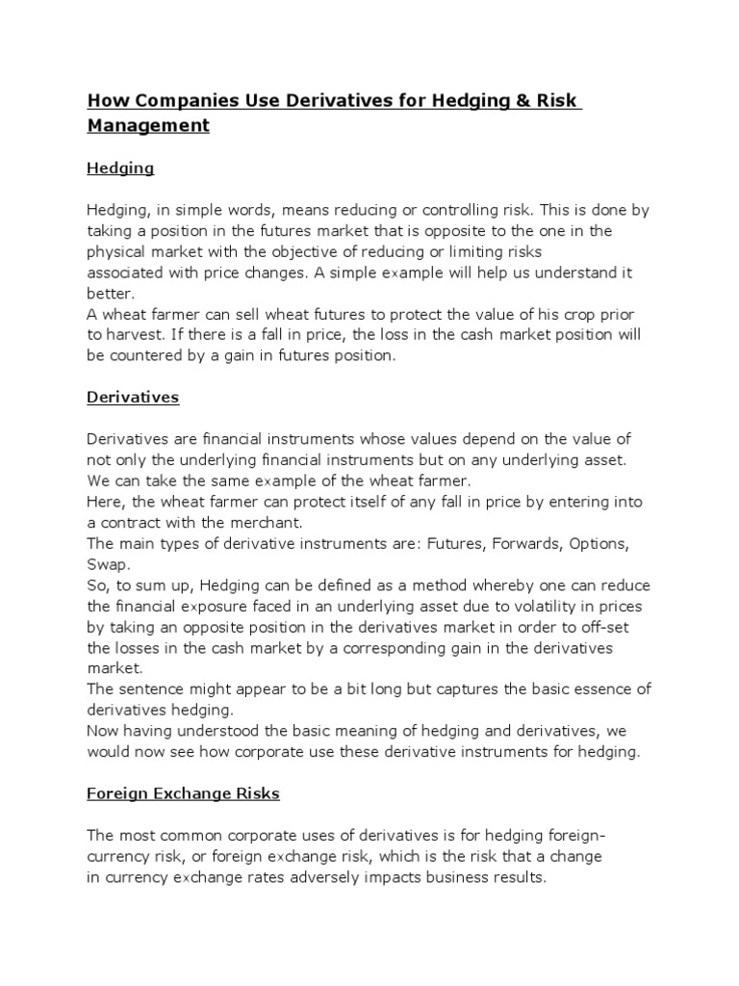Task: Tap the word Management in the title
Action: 147,125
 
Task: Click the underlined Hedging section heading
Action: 120,169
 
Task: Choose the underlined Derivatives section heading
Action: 133,397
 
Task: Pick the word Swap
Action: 107,564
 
